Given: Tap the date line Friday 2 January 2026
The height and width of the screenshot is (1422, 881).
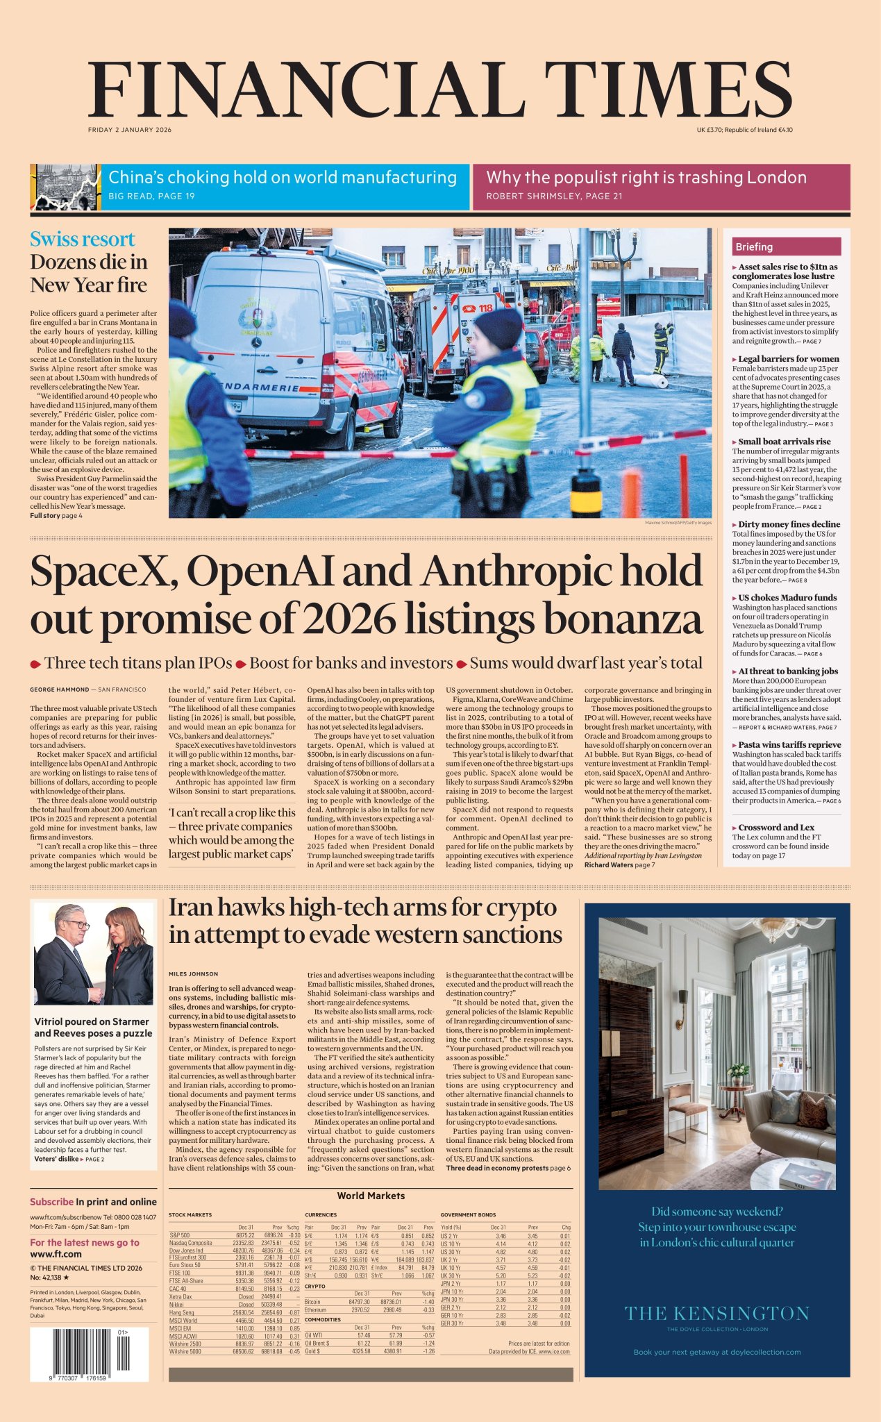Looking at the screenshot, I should point(130,130).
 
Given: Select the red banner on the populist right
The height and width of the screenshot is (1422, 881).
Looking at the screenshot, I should point(660,186).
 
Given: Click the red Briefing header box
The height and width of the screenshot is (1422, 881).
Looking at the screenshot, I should point(786,246).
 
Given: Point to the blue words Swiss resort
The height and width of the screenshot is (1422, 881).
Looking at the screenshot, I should point(82,240).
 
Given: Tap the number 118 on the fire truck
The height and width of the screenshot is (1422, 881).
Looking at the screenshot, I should point(485,307).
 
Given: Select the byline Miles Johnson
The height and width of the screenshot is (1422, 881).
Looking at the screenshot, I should point(193,974).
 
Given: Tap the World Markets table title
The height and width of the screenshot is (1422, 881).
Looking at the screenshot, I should point(371,1196).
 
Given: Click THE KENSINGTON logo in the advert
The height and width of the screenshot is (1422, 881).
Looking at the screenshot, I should point(716,1313).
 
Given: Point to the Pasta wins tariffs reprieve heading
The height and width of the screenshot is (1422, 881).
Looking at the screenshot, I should point(789,744).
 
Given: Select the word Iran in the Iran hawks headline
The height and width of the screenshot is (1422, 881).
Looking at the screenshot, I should point(192,908).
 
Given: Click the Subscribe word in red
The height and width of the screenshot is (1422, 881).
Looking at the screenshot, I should point(51,1202).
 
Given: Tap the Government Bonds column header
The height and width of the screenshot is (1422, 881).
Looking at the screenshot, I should point(468,1214).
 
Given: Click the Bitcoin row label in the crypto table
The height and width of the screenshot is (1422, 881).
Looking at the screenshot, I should point(312,1302).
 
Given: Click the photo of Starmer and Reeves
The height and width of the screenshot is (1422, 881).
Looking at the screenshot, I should point(94,955).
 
